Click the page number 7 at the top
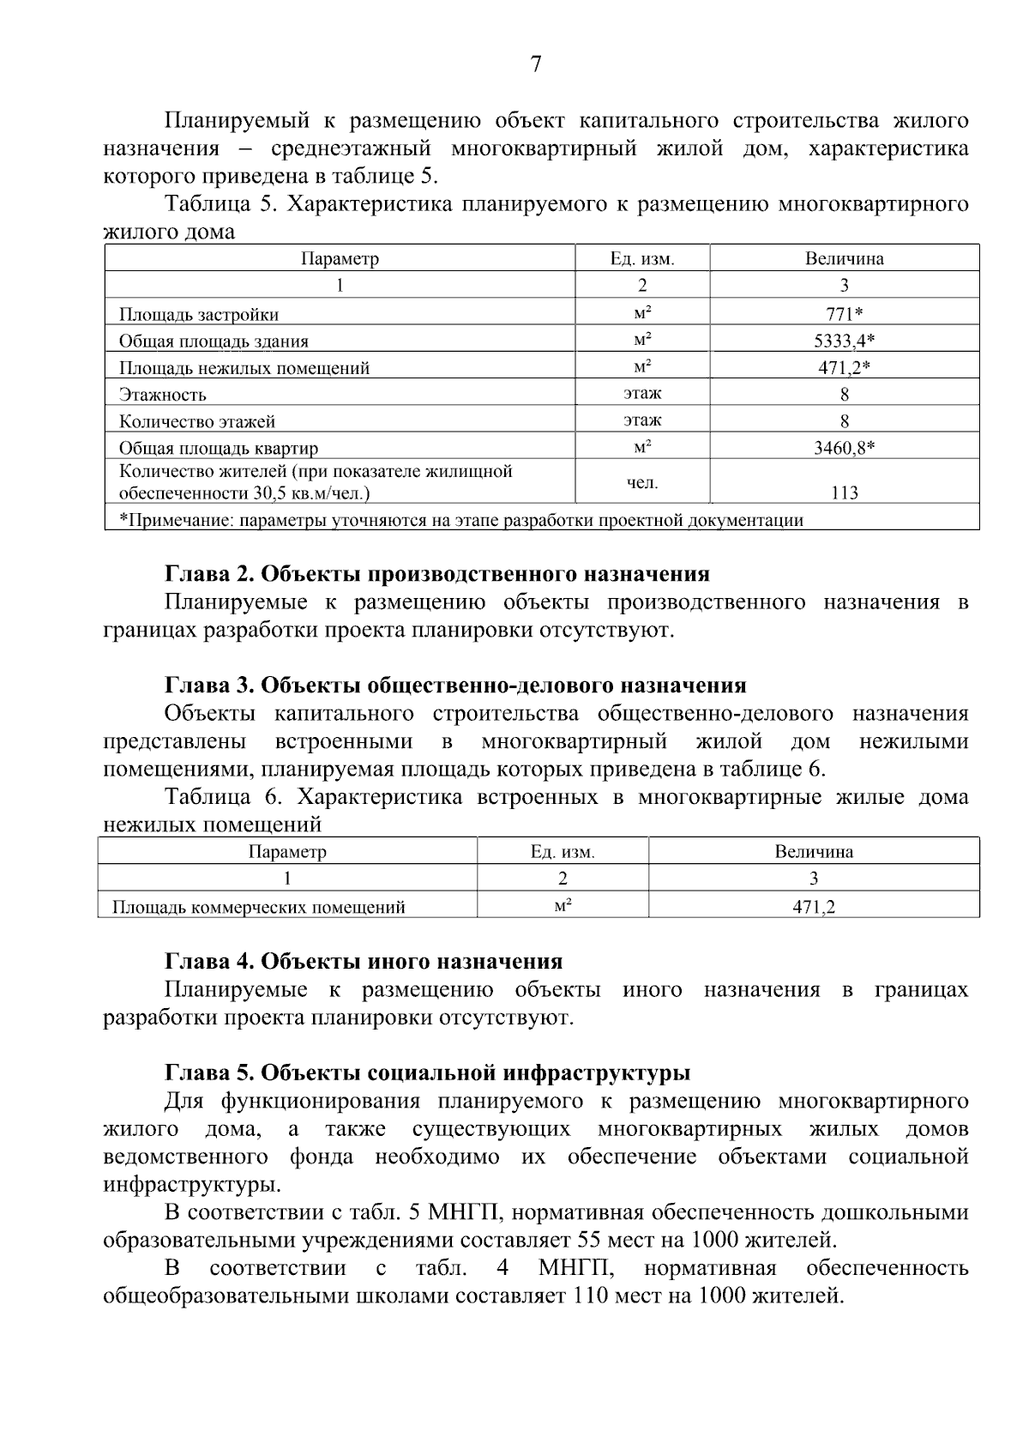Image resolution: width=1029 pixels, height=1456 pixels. pos(536,65)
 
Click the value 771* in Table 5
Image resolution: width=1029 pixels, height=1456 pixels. pos(844,314)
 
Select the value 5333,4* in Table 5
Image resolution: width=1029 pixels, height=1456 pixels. pos(844,341)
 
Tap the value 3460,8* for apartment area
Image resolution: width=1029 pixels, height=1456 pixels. pos(844,447)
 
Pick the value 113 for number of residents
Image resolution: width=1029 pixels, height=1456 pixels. pos(844,492)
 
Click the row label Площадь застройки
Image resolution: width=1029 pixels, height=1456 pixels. pos(198,315)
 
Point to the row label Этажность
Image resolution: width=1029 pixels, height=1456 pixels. pos(162,395)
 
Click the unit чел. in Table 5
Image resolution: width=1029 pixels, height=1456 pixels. pos(641,482)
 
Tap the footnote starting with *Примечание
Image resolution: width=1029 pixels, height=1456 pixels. pos(460,519)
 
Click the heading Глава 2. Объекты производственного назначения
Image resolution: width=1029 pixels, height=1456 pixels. pos(436,574)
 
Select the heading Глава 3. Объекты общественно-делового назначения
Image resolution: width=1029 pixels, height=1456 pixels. pos(454,686)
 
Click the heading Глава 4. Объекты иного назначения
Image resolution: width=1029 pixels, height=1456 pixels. pos(363,962)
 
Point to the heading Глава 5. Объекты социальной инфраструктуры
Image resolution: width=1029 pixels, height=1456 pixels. pos(427,1073)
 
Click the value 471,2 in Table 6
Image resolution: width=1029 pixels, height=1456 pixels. pos(813,906)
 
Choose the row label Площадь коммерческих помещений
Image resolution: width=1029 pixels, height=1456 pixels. pos(259,907)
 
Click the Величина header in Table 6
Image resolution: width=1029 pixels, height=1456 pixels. pos(813,852)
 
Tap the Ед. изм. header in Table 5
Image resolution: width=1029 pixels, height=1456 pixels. pos(641,258)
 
